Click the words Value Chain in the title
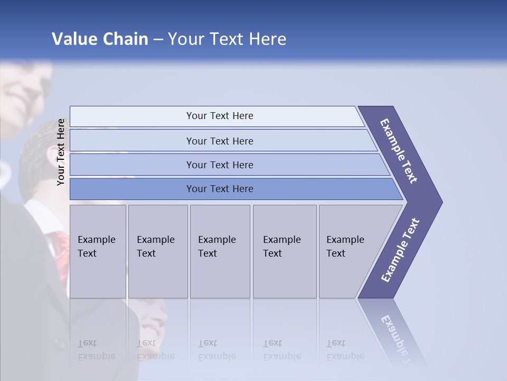click(100, 39)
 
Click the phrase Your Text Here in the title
click(227, 39)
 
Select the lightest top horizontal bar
click(219, 116)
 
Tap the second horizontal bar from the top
click(219, 141)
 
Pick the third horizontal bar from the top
click(219, 165)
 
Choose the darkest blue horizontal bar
click(219, 189)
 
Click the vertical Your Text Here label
click(61, 152)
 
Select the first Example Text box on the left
click(98, 251)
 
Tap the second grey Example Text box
click(157, 251)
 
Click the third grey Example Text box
click(219, 251)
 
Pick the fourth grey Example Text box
click(284, 251)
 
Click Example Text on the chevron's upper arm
click(399, 151)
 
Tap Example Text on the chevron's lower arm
click(400, 250)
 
